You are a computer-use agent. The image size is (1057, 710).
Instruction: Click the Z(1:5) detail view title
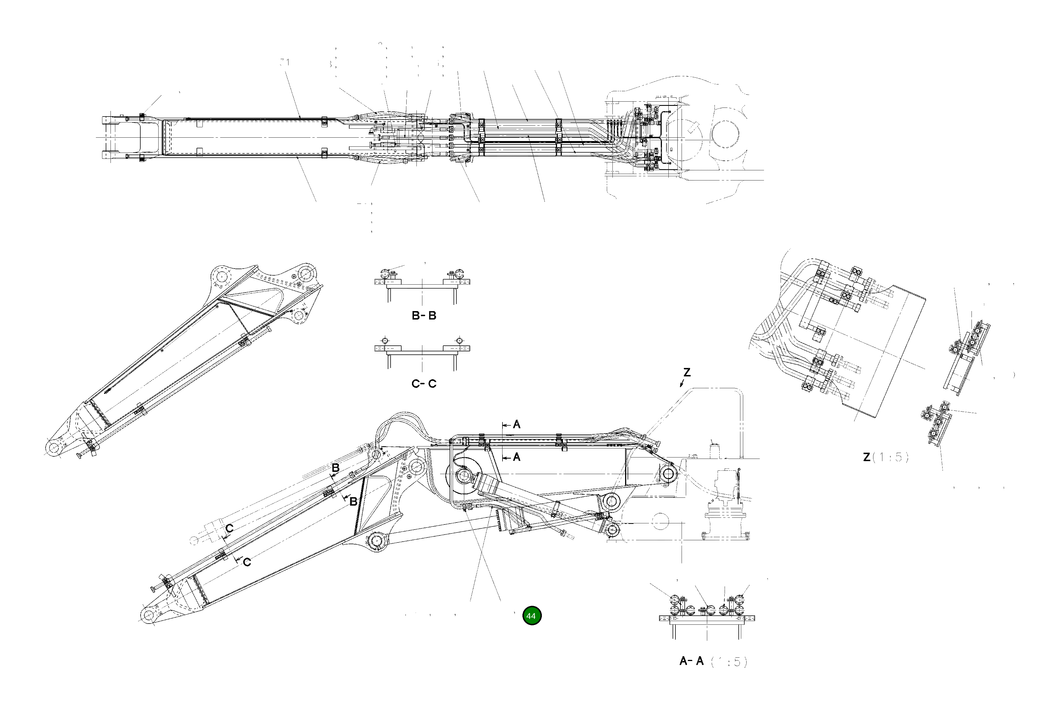pos(885,457)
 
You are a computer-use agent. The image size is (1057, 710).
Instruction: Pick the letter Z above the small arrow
pos(687,373)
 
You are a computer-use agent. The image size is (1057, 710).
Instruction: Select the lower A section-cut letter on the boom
pos(517,457)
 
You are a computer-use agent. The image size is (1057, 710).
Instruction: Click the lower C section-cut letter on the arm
pos(247,562)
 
